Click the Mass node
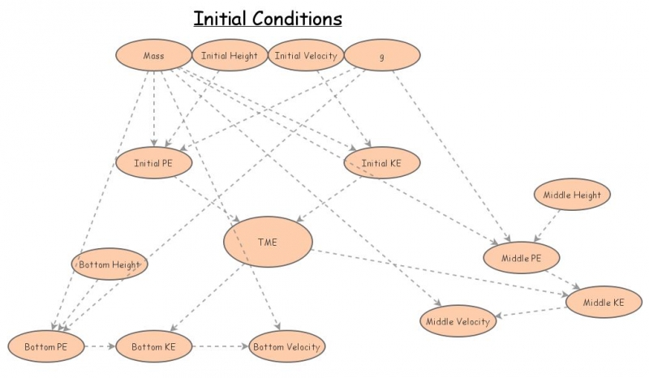pos(153,56)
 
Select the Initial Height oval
pos(230,56)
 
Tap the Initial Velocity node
pos(305,56)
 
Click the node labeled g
pos(382,56)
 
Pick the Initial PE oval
pos(153,163)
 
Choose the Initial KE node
pos(380,163)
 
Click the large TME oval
pos(268,241)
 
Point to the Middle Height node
pos(572,195)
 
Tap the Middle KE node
pos(607,303)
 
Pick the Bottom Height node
pos(109,264)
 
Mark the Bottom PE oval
pos(45,347)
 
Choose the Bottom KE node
pos(154,347)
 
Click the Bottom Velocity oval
pos(286,347)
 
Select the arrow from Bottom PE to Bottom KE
pos(99,347)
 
